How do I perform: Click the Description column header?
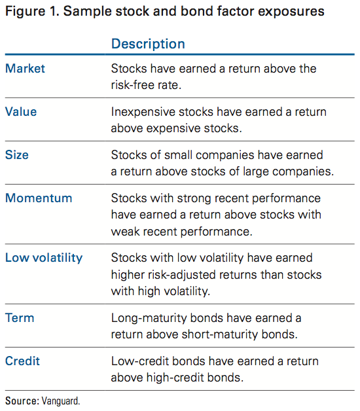point(148,44)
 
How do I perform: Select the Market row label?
point(25,69)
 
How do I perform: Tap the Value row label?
point(21,112)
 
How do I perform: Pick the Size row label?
point(17,155)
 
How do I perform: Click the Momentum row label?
point(39,198)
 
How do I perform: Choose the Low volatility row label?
point(44,258)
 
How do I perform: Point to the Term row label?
point(20,318)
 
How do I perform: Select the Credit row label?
point(22,361)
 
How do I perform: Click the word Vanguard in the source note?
point(61,401)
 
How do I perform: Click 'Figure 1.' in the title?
point(32,12)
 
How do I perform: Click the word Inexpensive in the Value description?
point(143,113)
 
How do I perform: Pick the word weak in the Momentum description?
point(125,232)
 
